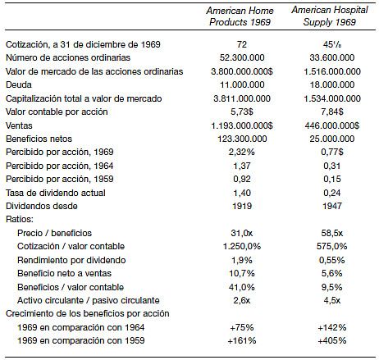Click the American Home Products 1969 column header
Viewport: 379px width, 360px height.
point(240,16)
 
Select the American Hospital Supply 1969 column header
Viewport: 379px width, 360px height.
point(330,16)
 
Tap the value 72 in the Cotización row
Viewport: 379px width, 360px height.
point(242,44)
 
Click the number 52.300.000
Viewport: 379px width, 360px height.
point(242,57)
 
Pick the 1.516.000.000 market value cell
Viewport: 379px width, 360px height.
point(332,71)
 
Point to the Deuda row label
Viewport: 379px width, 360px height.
point(19,84)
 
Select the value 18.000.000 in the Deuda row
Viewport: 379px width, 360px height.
point(332,84)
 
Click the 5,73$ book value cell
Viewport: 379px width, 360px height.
point(242,112)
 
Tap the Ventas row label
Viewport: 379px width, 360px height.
point(19,125)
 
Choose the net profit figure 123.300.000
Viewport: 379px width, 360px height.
point(242,139)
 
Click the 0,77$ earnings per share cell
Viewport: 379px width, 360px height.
point(332,152)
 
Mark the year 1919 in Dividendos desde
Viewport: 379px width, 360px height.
point(242,206)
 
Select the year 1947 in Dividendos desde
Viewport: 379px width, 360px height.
point(332,206)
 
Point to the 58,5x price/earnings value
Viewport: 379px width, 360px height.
point(332,233)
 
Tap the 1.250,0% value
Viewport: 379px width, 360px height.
point(242,246)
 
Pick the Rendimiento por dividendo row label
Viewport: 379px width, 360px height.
point(71,260)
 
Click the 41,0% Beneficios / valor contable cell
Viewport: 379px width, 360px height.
point(242,287)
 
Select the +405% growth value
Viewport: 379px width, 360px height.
point(332,340)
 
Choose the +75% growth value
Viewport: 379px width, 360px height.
point(242,327)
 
